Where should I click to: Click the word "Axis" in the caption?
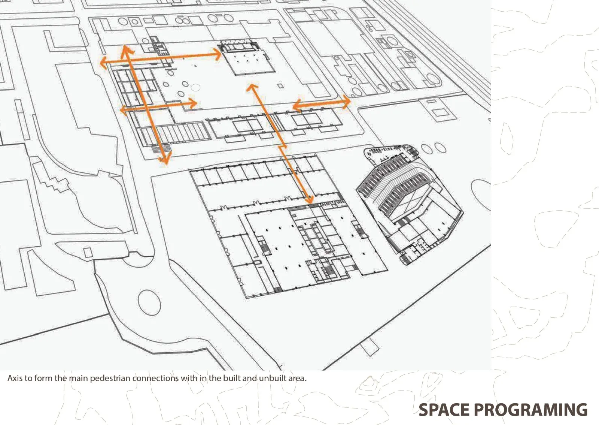[x=15, y=378]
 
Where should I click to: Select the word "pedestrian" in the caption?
[x=110, y=379]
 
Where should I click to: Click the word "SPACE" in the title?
[x=444, y=410]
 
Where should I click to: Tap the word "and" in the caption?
[x=249, y=378]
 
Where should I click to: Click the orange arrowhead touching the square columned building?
[x=217, y=55]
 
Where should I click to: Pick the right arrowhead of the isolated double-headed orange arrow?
[x=346, y=102]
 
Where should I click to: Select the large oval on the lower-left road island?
[x=149, y=303]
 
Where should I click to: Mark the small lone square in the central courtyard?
[x=280, y=86]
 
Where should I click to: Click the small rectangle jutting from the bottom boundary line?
[x=370, y=347]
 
